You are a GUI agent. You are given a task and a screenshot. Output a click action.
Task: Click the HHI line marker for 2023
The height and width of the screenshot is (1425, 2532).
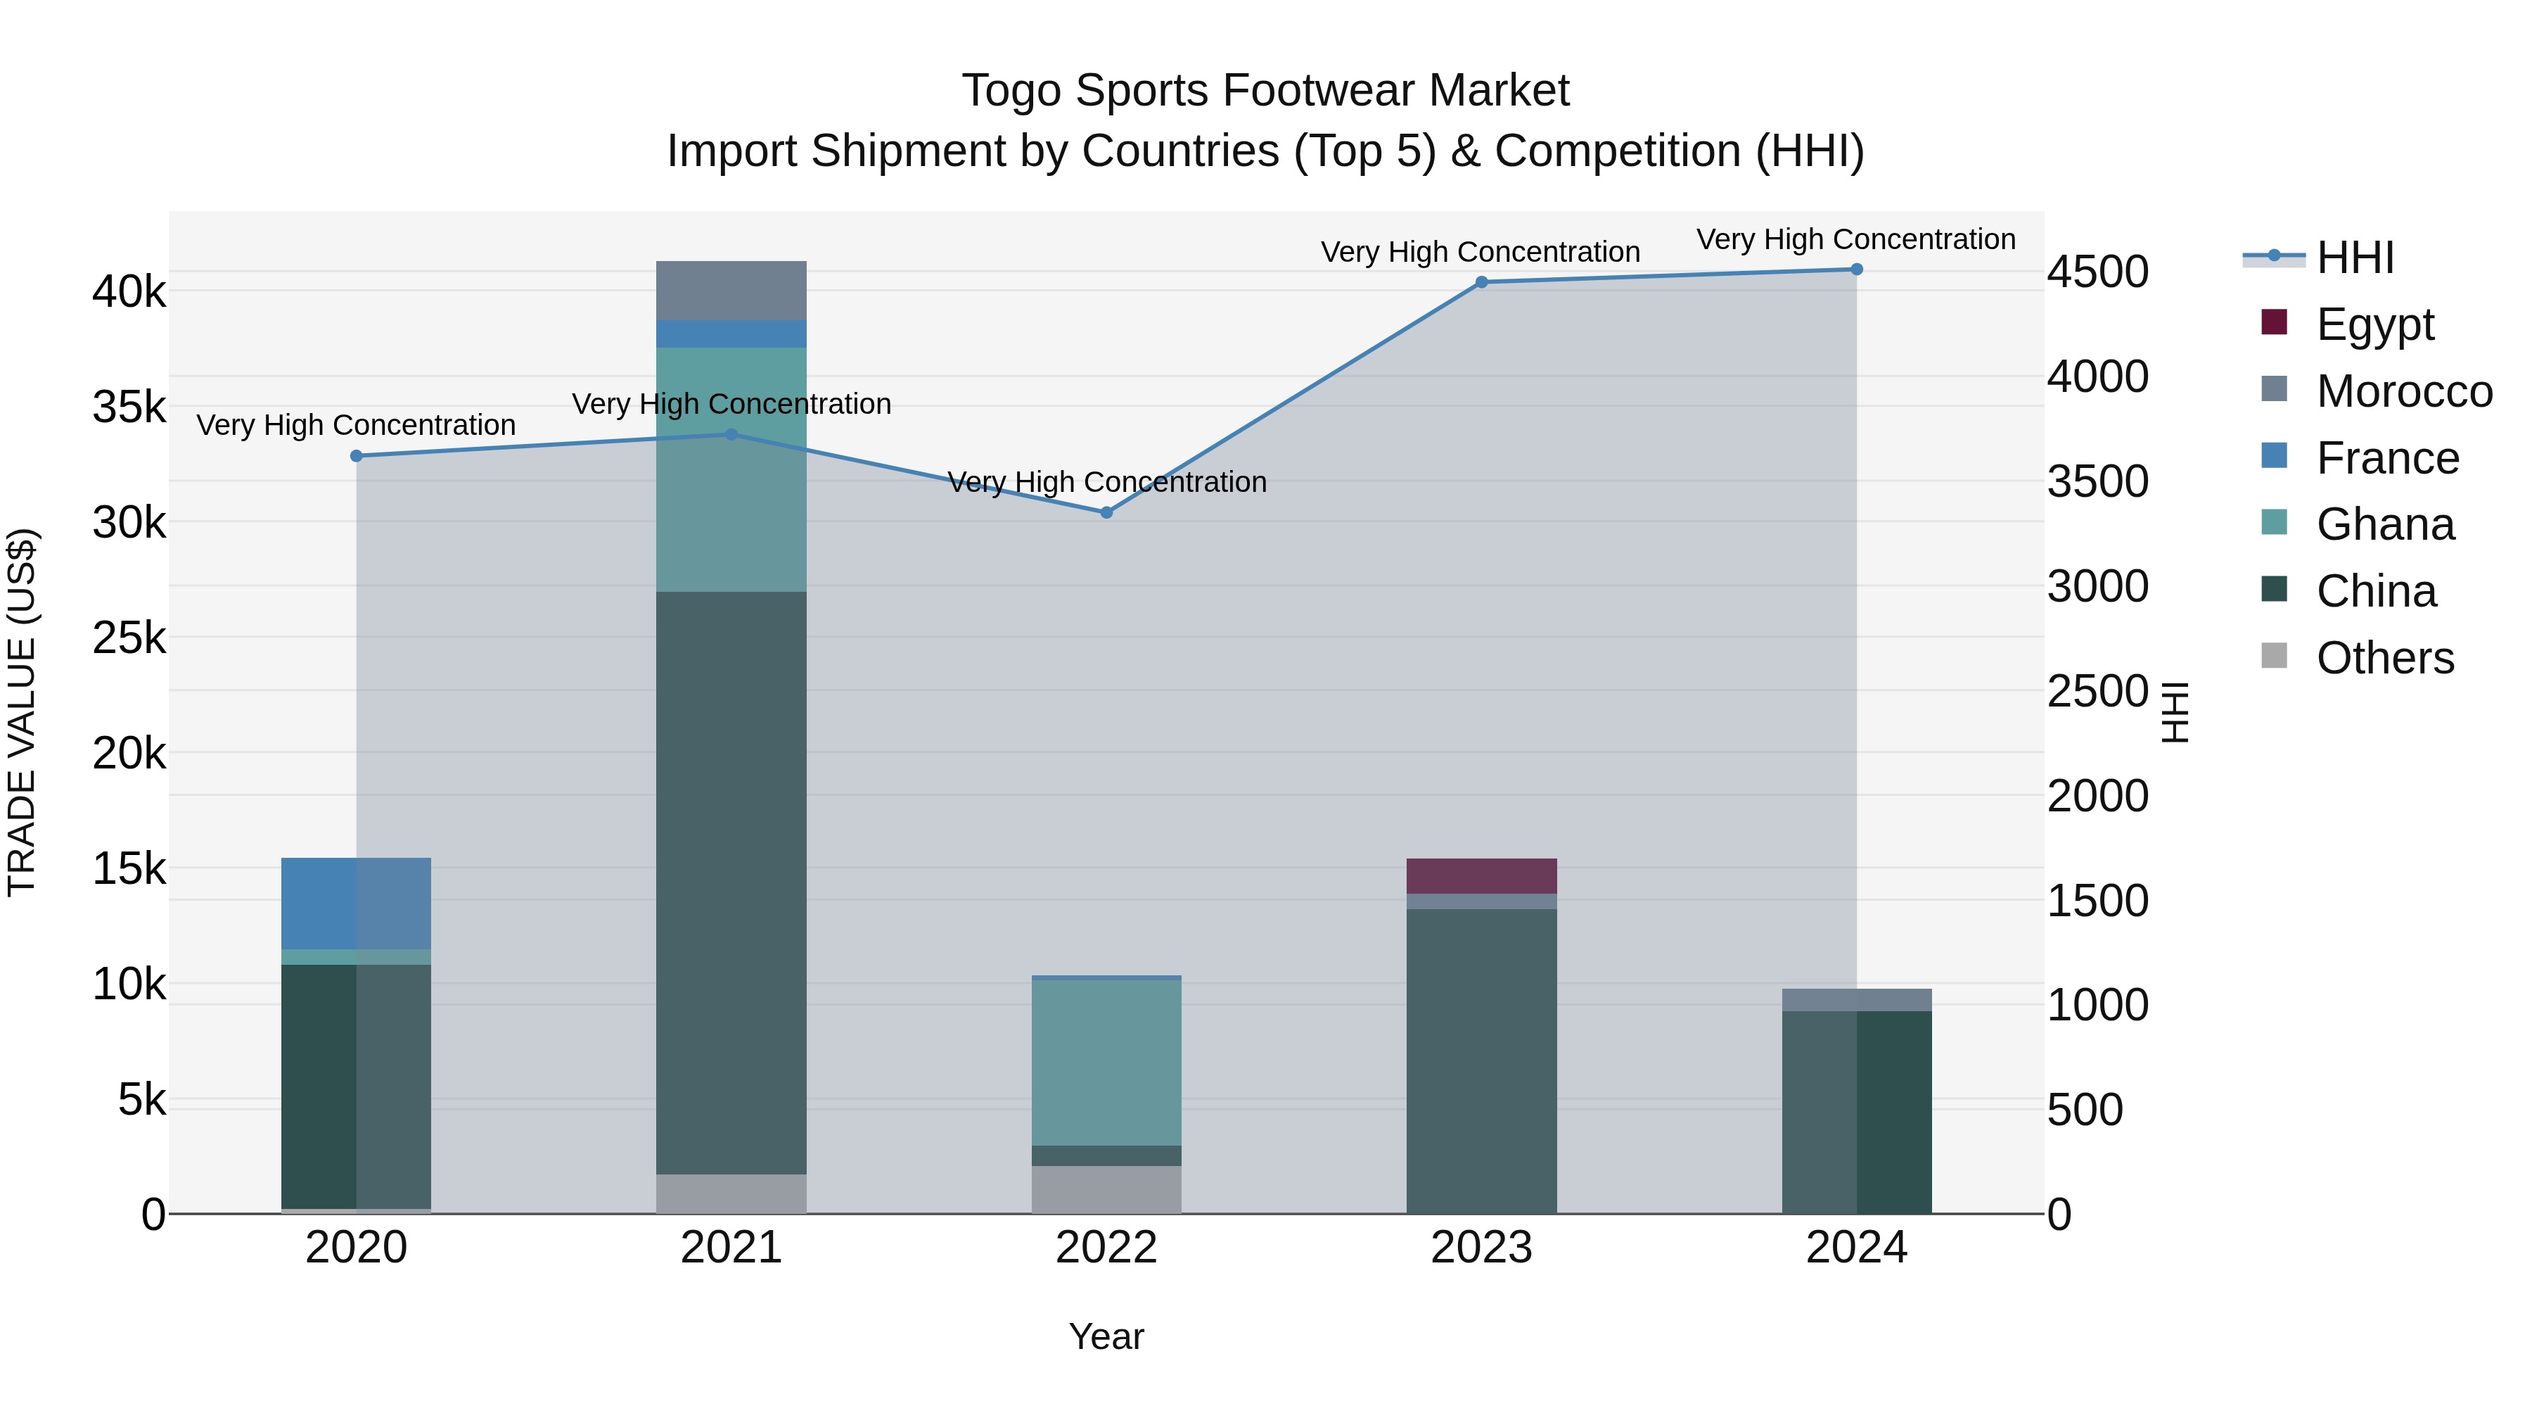[1481, 282]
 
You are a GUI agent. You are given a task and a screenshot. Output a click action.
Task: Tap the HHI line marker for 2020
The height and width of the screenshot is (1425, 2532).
[357, 456]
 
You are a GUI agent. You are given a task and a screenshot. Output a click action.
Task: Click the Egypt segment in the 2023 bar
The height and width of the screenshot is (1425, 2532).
[1481, 875]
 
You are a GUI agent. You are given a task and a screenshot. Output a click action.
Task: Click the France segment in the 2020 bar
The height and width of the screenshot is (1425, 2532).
[356, 903]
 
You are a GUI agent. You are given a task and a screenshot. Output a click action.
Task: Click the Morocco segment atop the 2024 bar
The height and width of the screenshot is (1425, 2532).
[1856, 999]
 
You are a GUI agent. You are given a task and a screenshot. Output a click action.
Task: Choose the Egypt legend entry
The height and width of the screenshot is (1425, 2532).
[2374, 324]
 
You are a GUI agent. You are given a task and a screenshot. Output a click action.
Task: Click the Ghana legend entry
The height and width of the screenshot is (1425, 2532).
[2384, 524]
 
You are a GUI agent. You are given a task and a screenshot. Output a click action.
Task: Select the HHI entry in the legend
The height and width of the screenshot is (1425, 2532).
[2354, 258]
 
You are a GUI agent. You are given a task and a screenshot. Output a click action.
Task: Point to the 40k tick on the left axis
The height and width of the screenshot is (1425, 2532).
[129, 292]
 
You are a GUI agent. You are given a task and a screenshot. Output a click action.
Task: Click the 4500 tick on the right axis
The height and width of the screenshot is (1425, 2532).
[2097, 272]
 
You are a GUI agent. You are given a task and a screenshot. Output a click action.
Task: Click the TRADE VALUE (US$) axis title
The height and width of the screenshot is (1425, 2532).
[22, 712]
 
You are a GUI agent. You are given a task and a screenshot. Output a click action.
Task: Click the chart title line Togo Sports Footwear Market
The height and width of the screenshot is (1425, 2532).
[1265, 91]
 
